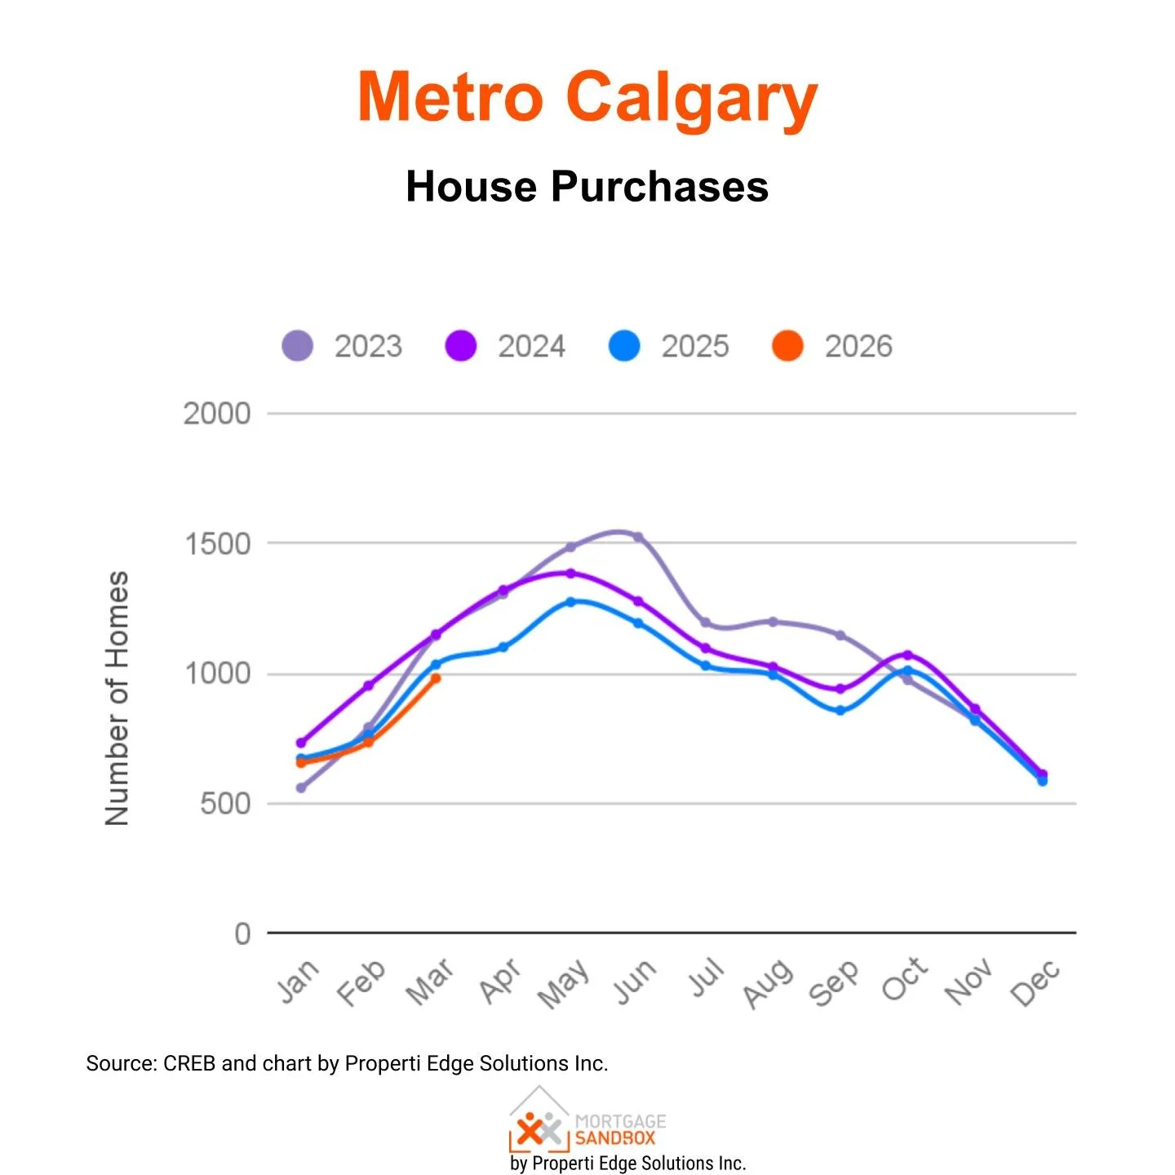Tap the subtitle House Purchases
tap(587, 187)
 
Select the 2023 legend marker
tap(298, 346)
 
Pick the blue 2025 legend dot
tap(624, 346)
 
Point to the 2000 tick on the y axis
tap(216, 414)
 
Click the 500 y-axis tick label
tap(224, 804)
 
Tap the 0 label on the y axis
tap(242, 933)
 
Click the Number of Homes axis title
tap(117, 698)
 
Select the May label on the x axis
tap(563, 983)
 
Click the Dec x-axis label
tap(1035, 982)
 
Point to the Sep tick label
tap(833, 983)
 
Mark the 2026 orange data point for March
tap(436, 678)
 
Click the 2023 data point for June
tap(638, 537)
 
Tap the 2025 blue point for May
tap(570, 601)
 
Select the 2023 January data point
tap(301, 788)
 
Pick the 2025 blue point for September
tap(840, 711)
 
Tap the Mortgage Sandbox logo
tap(587, 1122)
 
